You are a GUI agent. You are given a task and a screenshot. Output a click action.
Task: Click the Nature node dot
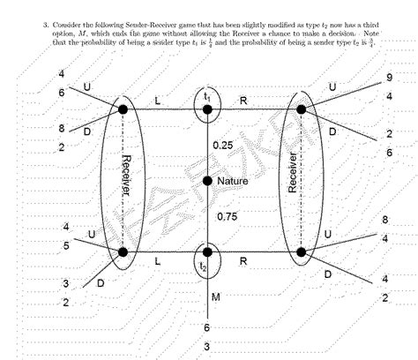(x=207, y=181)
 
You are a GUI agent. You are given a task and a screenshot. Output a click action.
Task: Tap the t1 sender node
(x=207, y=109)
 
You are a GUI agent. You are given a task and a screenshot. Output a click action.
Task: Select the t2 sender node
(x=207, y=251)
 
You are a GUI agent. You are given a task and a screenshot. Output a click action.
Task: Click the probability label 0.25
(x=224, y=145)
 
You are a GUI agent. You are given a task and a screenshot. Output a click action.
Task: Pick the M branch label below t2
(x=217, y=296)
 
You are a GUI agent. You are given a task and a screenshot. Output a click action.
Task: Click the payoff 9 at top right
(x=389, y=78)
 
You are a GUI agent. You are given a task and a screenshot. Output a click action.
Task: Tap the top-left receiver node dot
(x=123, y=109)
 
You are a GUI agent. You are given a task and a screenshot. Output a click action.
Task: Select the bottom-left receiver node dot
(x=123, y=252)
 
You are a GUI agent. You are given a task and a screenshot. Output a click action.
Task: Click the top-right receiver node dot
(x=301, y=109)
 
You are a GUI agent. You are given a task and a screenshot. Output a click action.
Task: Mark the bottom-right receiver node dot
(x=301, y=252)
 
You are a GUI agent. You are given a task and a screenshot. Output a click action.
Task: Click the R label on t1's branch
(x=243, y=101)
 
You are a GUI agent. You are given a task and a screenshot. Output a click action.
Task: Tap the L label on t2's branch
(x=157, y=263)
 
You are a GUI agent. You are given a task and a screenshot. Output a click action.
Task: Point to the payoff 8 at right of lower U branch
(x=385, y=220)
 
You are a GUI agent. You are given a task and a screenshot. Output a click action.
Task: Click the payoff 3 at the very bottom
(x=207, y=346)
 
